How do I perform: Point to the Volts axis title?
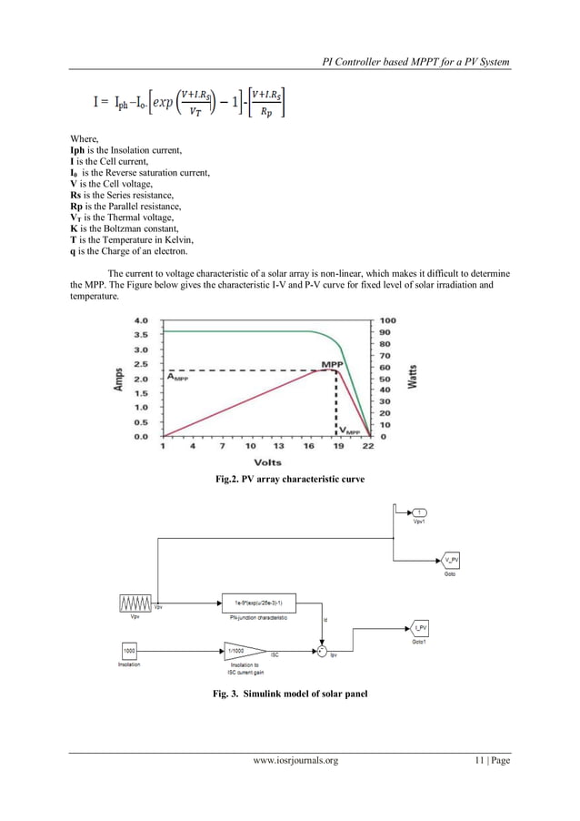pos(266,462)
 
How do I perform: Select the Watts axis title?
pos(413,377)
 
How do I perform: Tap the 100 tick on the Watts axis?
pos(386,320)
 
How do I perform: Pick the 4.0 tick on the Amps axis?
pos(142,320)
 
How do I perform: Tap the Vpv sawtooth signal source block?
pos(135,603)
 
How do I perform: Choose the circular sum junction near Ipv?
pos(321,652)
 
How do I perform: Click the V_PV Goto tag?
pos(452,559)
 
